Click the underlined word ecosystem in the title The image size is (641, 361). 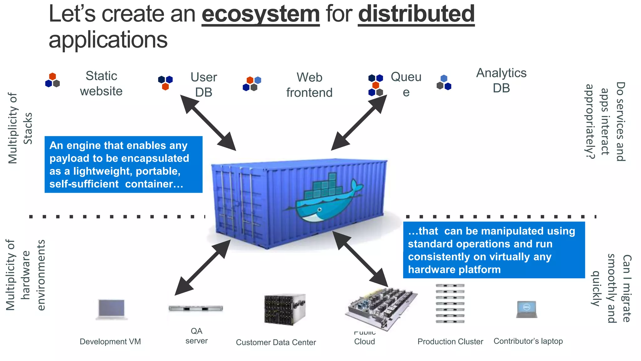click(x=260, y=14)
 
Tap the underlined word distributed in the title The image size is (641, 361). click(x=416, y=14)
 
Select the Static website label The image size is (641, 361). click(x=101, y=84)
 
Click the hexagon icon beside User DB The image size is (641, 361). click(x=165, y=82)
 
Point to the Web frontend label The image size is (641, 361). click(x=309, y=85)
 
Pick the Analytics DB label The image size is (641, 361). click(x=501, y=81)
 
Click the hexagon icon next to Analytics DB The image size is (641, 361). click(x=444, y=83)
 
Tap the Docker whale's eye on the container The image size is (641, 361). click(x=319, y=210)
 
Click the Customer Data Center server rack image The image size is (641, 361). click(x=284, y=310)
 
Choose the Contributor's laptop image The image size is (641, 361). click(x=526, y=310)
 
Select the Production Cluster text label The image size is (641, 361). click(x=450, y=342)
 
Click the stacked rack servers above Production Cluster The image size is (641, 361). click(x=450, y=303)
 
